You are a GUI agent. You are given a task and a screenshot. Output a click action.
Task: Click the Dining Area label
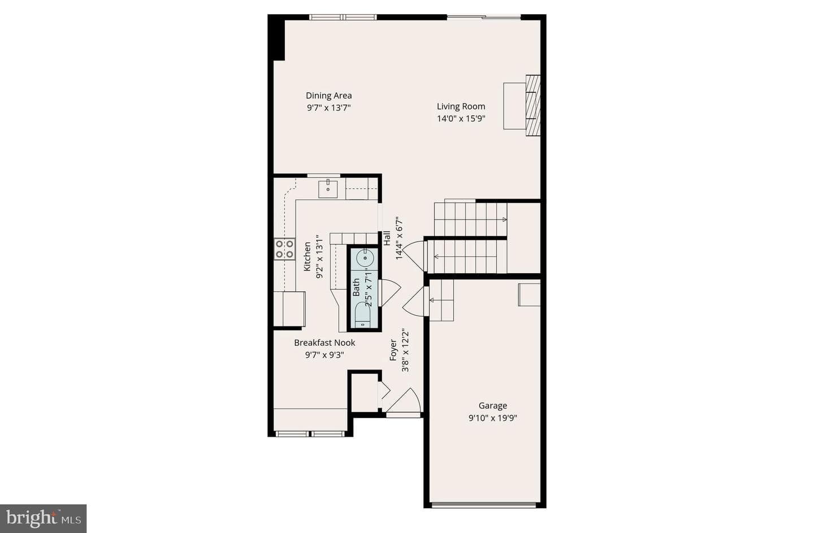[328, 96]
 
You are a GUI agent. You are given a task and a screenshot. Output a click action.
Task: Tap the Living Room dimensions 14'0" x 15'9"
[461, 119]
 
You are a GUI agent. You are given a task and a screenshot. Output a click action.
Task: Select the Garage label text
[492, 406]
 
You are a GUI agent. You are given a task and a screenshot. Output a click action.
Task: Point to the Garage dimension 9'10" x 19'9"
[492, 418]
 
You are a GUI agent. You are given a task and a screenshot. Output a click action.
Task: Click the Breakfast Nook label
[324, 343]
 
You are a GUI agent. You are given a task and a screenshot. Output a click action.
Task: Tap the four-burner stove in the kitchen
[284, 249]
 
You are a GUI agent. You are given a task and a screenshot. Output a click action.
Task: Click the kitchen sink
[328, 189]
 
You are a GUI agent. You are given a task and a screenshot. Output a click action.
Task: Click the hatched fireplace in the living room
[532, 105]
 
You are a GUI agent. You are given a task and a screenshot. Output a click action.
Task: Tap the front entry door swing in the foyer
[404, 402]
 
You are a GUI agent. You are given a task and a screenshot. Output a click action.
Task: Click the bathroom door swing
[389, 293]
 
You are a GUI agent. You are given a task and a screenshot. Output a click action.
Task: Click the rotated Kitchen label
[307, 256]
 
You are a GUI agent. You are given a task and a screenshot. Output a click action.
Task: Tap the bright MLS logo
[43, 518]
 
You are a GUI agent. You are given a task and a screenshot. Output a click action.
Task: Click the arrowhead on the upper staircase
[504, 220]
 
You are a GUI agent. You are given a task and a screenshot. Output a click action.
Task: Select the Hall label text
[387, 238]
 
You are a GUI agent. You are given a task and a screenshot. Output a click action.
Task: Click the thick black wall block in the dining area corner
[276, 37]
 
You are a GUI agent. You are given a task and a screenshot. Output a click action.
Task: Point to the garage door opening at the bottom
[484, 505]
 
